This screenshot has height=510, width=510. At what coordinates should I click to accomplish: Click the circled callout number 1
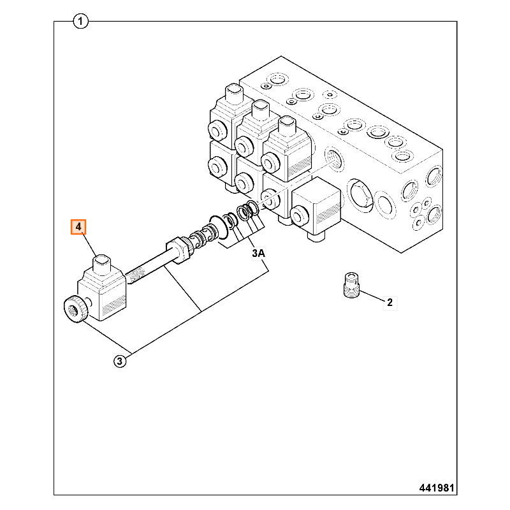[81, 22]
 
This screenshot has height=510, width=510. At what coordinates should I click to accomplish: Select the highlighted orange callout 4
[78, 227]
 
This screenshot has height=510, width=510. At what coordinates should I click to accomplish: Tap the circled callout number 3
[120, 361]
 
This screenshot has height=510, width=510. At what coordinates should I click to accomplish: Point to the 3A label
[259, 253]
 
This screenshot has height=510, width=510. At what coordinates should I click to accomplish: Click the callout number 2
[390, 302]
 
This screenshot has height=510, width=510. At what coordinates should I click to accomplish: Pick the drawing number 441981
[437, 488]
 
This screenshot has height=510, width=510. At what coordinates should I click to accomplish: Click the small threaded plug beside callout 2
[351, 285]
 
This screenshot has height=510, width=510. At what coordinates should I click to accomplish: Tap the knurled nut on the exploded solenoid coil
[76, 309]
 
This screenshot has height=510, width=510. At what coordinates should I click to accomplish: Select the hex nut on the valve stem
[178, 250]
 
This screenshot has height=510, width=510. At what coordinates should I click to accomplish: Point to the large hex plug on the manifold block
[360, 196]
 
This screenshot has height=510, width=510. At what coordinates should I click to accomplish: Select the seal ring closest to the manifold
[253, 208]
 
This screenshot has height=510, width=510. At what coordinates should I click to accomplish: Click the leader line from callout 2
[372, 296]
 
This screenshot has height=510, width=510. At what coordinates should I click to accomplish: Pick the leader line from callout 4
[89, 245]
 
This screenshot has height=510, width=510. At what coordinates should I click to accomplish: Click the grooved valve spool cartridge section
[202, 239]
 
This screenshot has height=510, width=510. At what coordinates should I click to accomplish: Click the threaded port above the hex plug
[334, 159]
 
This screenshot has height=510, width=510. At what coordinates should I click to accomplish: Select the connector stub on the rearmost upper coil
[234, 94]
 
